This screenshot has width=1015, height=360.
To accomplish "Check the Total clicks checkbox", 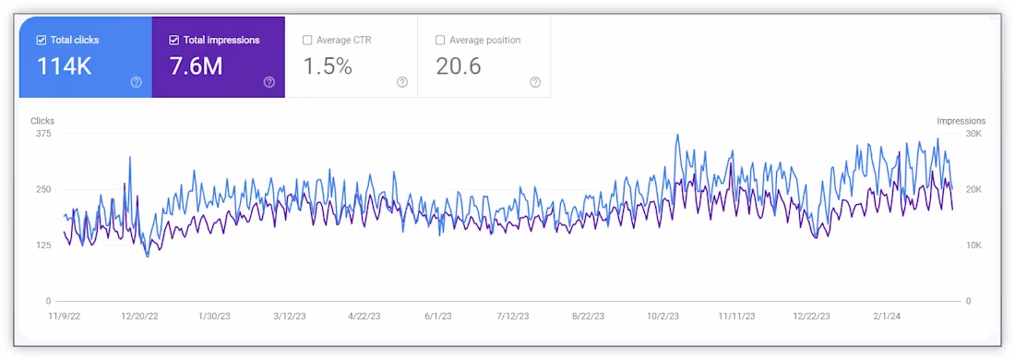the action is pos(42,40).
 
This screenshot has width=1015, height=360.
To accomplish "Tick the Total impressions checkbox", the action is pos(173,40).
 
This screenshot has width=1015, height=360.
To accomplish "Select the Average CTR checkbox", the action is pos(307,40).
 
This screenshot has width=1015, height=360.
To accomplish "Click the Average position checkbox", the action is pos(440,40).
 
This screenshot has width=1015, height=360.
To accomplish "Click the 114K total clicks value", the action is pos(64,66).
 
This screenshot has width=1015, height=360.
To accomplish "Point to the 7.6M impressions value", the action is pos(197,66).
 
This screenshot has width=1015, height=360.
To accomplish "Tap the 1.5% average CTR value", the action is pos(328,66).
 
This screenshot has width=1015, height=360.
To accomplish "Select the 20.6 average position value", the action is pos(459,66).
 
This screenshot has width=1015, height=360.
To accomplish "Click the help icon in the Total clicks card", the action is pos(136,82).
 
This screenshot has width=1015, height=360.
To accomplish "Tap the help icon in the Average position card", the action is pos(535,82).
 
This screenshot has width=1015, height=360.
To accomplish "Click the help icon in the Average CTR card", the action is pos(402,82).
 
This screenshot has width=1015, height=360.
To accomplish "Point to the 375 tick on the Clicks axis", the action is pos(43,133).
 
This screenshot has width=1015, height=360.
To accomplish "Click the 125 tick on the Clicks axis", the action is pos(43,246).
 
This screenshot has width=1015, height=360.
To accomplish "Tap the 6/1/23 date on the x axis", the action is pos(438,317).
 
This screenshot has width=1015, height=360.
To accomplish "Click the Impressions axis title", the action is pos(961,121).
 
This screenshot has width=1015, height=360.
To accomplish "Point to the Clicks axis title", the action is pos(42,121).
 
